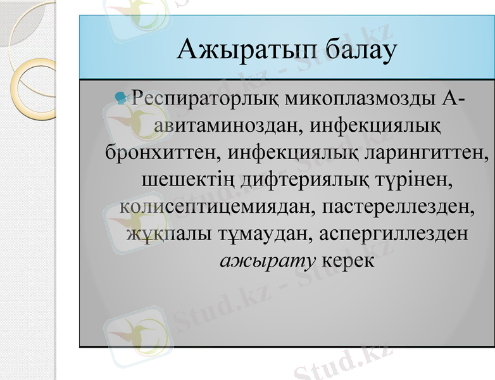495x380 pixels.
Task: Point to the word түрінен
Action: (414, 180)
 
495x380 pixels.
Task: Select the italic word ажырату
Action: (268, 260)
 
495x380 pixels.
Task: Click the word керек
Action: (348, 260)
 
